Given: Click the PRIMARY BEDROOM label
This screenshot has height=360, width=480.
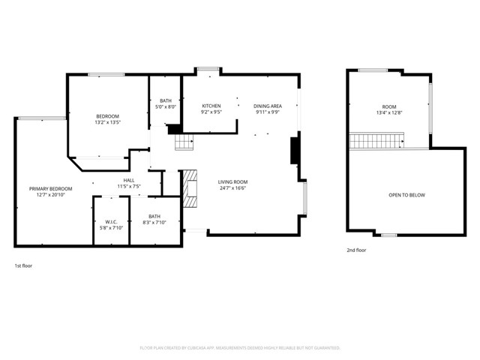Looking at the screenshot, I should pyautogui.click(x=50, y=188).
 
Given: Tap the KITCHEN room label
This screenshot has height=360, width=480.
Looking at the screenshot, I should pyautogui.click(x=211, y=106).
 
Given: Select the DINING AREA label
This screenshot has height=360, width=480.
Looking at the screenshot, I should pyautogui.click(x=268, y=106).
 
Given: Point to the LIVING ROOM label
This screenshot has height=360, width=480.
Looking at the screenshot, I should pyautogui.click(x=232, y=181).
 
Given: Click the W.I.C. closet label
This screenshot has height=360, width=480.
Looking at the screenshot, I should pyautogui.click(x=110, y=222).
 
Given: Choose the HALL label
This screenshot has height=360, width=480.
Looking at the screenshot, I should pyautogui.click(x=129, y=180).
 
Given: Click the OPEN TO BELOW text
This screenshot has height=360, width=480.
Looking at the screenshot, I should pyautogui.click(x=406, y=195).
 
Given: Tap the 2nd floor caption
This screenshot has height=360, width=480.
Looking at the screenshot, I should pyautogui.click(x=356, y=250).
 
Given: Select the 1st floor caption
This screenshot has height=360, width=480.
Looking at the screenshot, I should pyautogui.click(x=23, y=265).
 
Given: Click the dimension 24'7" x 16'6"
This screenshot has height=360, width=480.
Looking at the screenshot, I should pyautogui.click(x=232, y=188).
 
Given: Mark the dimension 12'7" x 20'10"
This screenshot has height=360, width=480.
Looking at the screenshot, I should pyautogui.click(x=50, y=195).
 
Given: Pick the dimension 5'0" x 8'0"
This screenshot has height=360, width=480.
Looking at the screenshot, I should pyautogui.click(x=165, y=107).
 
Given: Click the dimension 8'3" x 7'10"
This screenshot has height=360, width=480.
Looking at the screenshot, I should pyautogui.click(x=154, y=223).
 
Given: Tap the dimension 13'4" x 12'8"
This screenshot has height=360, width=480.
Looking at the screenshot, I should pyautogui.click(x=389, y=113).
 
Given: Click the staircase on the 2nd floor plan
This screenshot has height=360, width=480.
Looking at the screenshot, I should pyautogui.click(x=377, y=140).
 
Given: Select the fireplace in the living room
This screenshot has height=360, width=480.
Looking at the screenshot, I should pyautogui.click(x=190, y=187).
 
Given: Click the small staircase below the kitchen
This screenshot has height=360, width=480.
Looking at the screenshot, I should pyautogui.click(x=184, y=140).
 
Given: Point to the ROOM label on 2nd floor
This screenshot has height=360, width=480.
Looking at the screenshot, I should pyautogui.click(x=389, y=106).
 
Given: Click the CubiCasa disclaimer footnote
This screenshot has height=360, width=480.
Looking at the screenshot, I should pyautogui.click(x=240, y=348).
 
